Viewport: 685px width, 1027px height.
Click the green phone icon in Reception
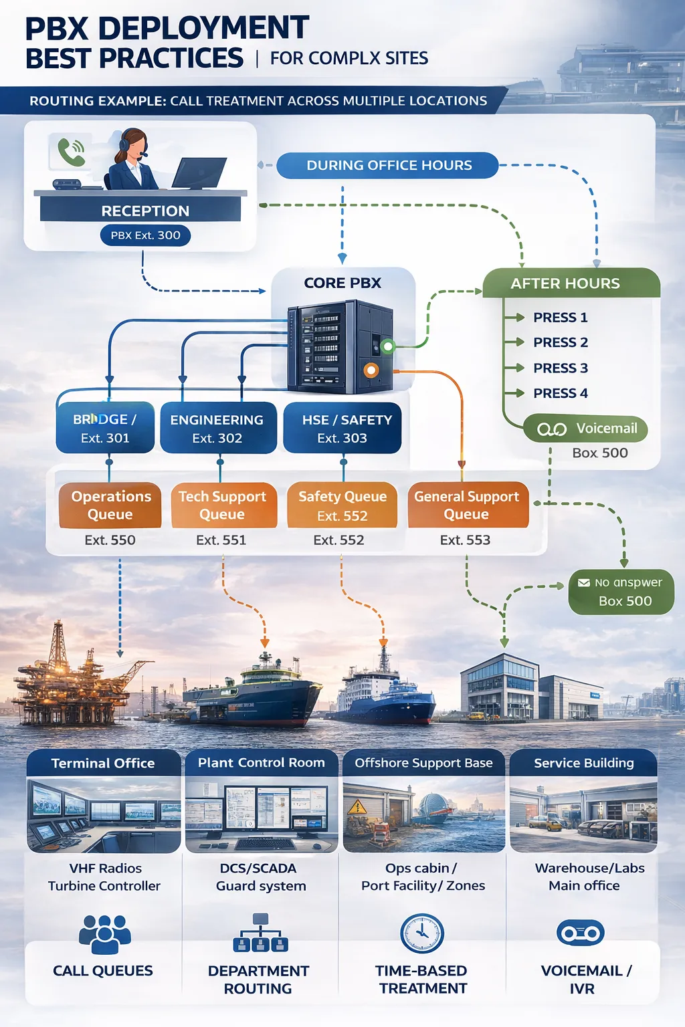pos(70,152)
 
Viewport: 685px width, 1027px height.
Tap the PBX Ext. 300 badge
pos(145,235)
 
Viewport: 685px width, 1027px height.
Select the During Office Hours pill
pos(388,165)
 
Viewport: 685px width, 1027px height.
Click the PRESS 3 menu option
pos(560,368)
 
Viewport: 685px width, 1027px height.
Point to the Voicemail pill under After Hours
pos(587,429)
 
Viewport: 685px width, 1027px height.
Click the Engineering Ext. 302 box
pos(217,428)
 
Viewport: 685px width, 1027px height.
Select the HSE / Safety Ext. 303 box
pos(342,428)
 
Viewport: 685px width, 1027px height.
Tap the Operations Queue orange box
pos(110,505)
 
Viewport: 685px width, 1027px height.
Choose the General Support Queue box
pos(467,505)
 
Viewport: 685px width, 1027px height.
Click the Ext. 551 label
pos(221,540)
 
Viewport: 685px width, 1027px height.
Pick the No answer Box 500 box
pos(621,592)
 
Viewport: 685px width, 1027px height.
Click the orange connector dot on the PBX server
pos(371,370)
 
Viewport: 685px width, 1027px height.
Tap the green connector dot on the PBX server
pos(387,346)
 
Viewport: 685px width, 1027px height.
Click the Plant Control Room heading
pos(261,763)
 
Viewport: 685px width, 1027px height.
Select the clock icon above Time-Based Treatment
pos(421,933)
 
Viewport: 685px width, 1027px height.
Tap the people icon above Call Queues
pos(104,933)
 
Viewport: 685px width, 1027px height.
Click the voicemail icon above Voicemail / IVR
pos(581,933)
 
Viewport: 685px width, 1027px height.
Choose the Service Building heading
pos(583,763)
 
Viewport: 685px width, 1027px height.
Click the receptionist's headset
pos(125,143)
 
